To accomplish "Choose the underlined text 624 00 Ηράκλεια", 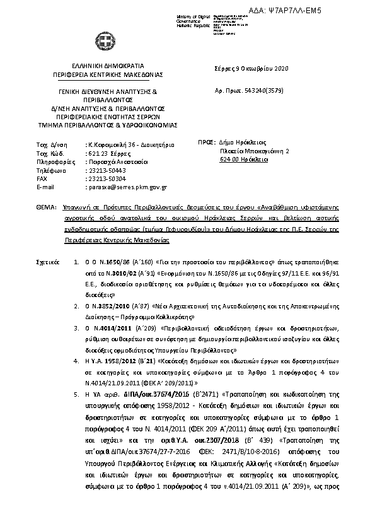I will [x=244, y=160].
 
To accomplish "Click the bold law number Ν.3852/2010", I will [x=103, y=305].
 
